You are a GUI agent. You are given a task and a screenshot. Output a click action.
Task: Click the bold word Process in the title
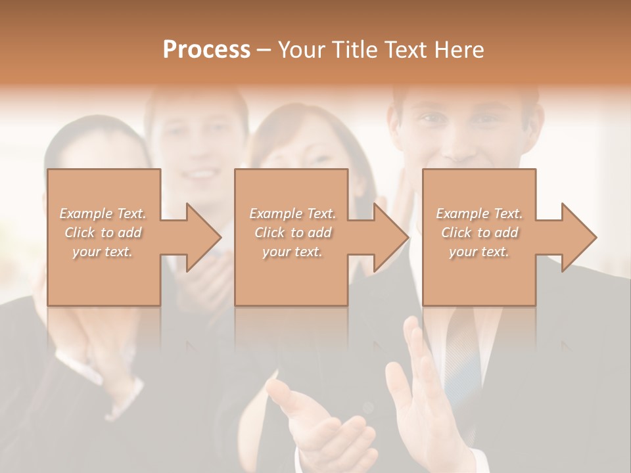(x=206, y=50)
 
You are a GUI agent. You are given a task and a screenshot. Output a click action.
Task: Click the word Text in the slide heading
(x=404, y=50)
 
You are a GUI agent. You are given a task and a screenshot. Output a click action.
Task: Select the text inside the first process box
(x=103, y=233)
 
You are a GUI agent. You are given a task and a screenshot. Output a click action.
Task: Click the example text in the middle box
(x=292, y=233)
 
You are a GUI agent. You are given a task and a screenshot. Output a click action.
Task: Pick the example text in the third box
(x=479, y=233)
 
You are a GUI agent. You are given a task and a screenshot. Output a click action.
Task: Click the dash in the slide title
(x=264, y=50)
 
